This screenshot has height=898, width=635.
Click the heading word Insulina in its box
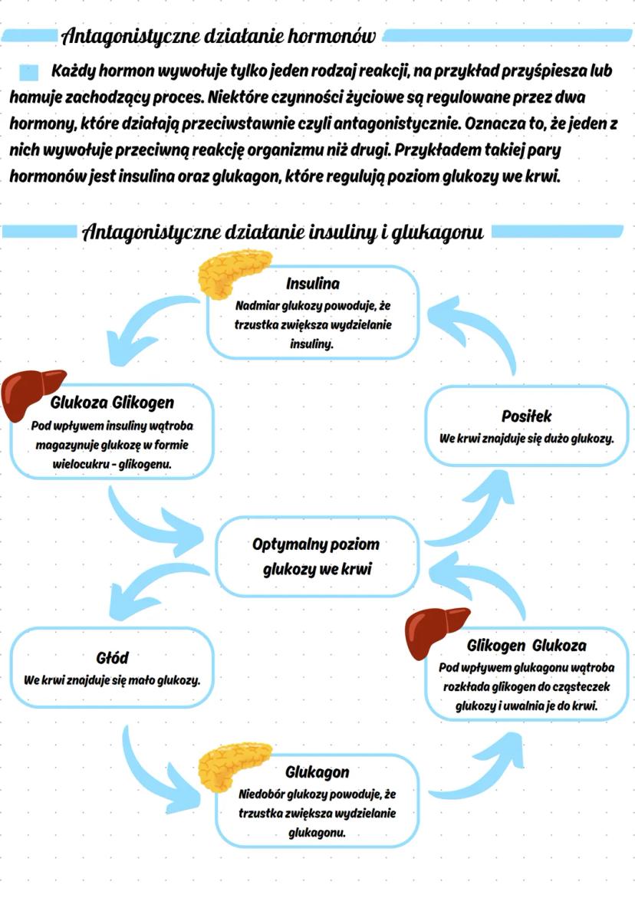pos(313,284)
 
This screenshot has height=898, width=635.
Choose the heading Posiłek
pos(526,416)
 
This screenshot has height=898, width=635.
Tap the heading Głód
pos(112,658)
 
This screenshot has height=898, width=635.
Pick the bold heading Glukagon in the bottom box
pos(317,771)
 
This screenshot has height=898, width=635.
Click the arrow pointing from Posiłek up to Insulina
pos(476,330)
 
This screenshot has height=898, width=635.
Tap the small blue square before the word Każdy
pos(28,72)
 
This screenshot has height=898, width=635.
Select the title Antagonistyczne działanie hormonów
pos(219,35)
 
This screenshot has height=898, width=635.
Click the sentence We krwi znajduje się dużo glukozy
pos(526,439)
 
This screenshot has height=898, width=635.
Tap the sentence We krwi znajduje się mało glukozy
pos(112,680)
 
